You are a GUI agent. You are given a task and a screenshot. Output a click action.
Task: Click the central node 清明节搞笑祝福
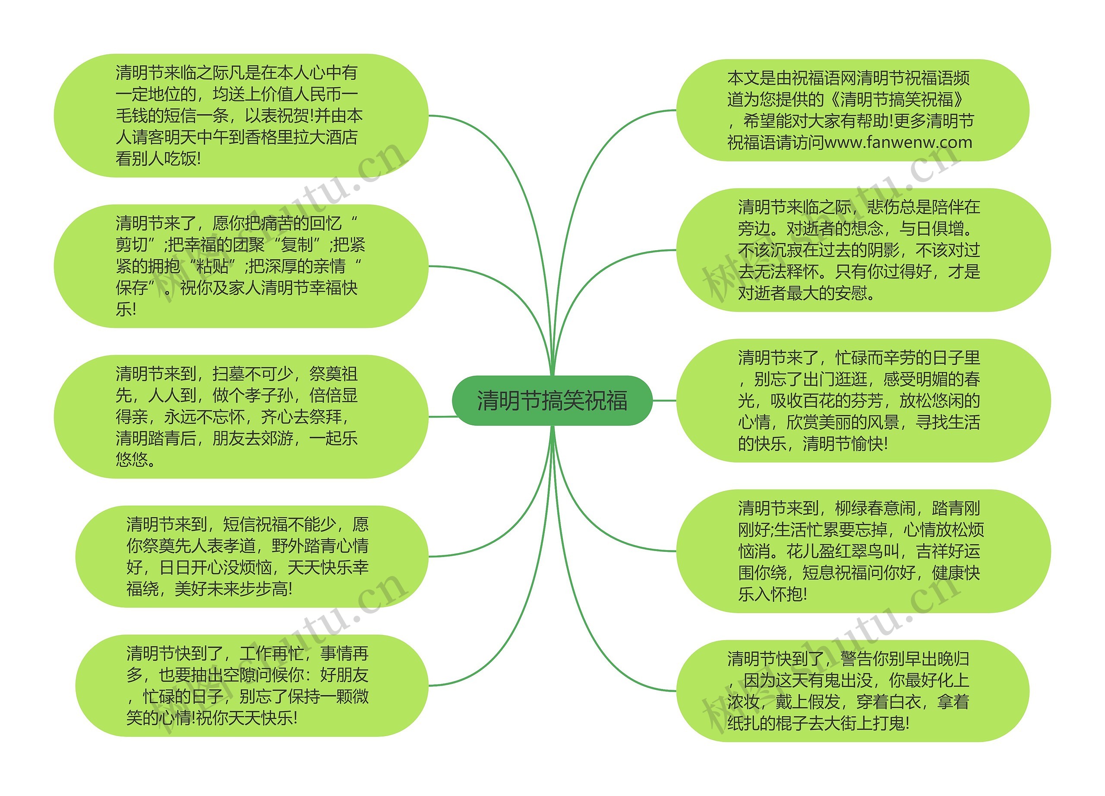pos(552,401)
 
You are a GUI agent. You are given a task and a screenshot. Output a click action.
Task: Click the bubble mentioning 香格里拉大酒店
pos(241,115)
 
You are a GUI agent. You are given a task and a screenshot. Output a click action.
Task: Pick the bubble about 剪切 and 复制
pos(241,266)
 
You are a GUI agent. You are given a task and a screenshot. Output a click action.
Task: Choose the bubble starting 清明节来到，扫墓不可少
pos(241,416)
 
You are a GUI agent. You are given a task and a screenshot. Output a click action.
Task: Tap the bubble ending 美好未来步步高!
pos(251,556)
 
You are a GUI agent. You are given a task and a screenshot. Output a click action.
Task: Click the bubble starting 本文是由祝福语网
pos(852,110)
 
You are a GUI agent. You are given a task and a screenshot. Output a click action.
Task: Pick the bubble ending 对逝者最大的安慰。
pos(863,250)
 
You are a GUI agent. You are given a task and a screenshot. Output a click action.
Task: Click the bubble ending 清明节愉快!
pos(863,400)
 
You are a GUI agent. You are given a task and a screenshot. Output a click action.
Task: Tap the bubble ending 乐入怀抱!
pos(863,551)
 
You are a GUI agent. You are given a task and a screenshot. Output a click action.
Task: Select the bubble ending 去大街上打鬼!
pos(852,691)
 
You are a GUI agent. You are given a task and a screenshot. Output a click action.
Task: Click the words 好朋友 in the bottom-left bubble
pos(344,675)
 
